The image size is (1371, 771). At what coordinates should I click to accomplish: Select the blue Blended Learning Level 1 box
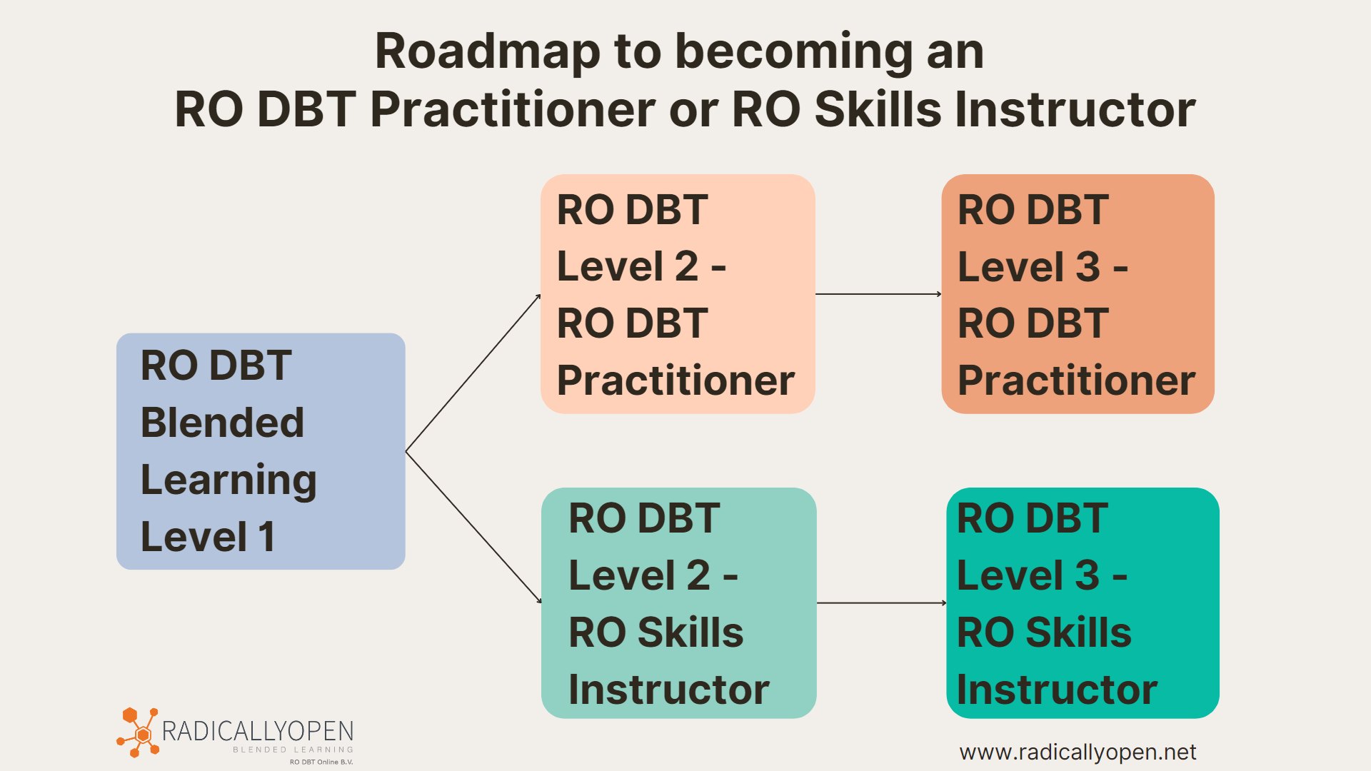pyautogui.click(x=261, y=451)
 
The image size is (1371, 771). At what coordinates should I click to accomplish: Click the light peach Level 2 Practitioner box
pyautogui.click(x=678, y=294)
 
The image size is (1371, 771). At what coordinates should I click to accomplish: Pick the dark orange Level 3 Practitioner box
pyautogui.click(x=1078, y=294)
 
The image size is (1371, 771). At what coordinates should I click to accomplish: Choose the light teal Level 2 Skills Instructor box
pyautogui.click(x=678, y=603)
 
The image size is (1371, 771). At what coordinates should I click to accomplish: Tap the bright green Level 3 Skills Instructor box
pyautogui.click(x=1083, y=603)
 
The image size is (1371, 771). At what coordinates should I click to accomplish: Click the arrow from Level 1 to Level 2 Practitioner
pyautogui.click(x=473, y=373)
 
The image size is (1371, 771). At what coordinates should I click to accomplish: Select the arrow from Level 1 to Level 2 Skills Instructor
pyautogui.click(x=473, y=528)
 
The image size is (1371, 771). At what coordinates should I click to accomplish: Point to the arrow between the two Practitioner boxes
pyautogui.click(x=878, y=294)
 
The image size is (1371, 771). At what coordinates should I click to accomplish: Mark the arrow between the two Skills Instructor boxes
pyautogui.click(x=881, y=603)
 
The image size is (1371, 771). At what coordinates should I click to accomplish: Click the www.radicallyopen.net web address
pyautogui.click(x=1078, y=752)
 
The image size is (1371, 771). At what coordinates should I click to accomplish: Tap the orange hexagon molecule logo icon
pyautogui.click(x=139, y=732)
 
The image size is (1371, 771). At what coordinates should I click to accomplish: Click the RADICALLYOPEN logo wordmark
pyautogui.click(x=258, y=731)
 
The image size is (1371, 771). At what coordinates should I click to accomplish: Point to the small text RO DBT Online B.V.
pyautogui.click(x=321, y=762)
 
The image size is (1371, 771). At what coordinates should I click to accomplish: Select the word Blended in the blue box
pyautogui.click(x=223, y=422)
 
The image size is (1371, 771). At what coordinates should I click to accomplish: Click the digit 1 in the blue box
pyautogui.click(x=267, y=537)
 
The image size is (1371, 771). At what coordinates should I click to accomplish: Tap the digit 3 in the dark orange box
pyautogui.click(x=1088, y=266)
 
